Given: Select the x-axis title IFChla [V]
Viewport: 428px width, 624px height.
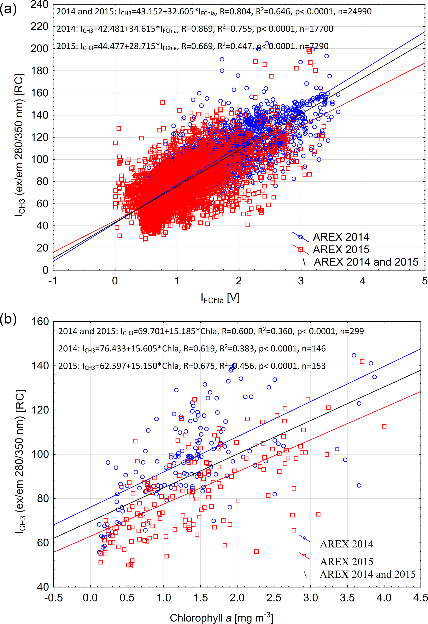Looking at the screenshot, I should tap(220, 298).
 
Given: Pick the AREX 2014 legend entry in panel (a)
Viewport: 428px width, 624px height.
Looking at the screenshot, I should tap(341, 237).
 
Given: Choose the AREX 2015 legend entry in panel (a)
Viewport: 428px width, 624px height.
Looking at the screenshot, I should tap(341, 249).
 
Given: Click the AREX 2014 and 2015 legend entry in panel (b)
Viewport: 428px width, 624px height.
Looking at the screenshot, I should tap(367, 574).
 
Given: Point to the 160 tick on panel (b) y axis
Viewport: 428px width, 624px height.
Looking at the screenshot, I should tap(40, 321).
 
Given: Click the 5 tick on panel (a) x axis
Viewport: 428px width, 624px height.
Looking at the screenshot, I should tap(424, 281).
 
